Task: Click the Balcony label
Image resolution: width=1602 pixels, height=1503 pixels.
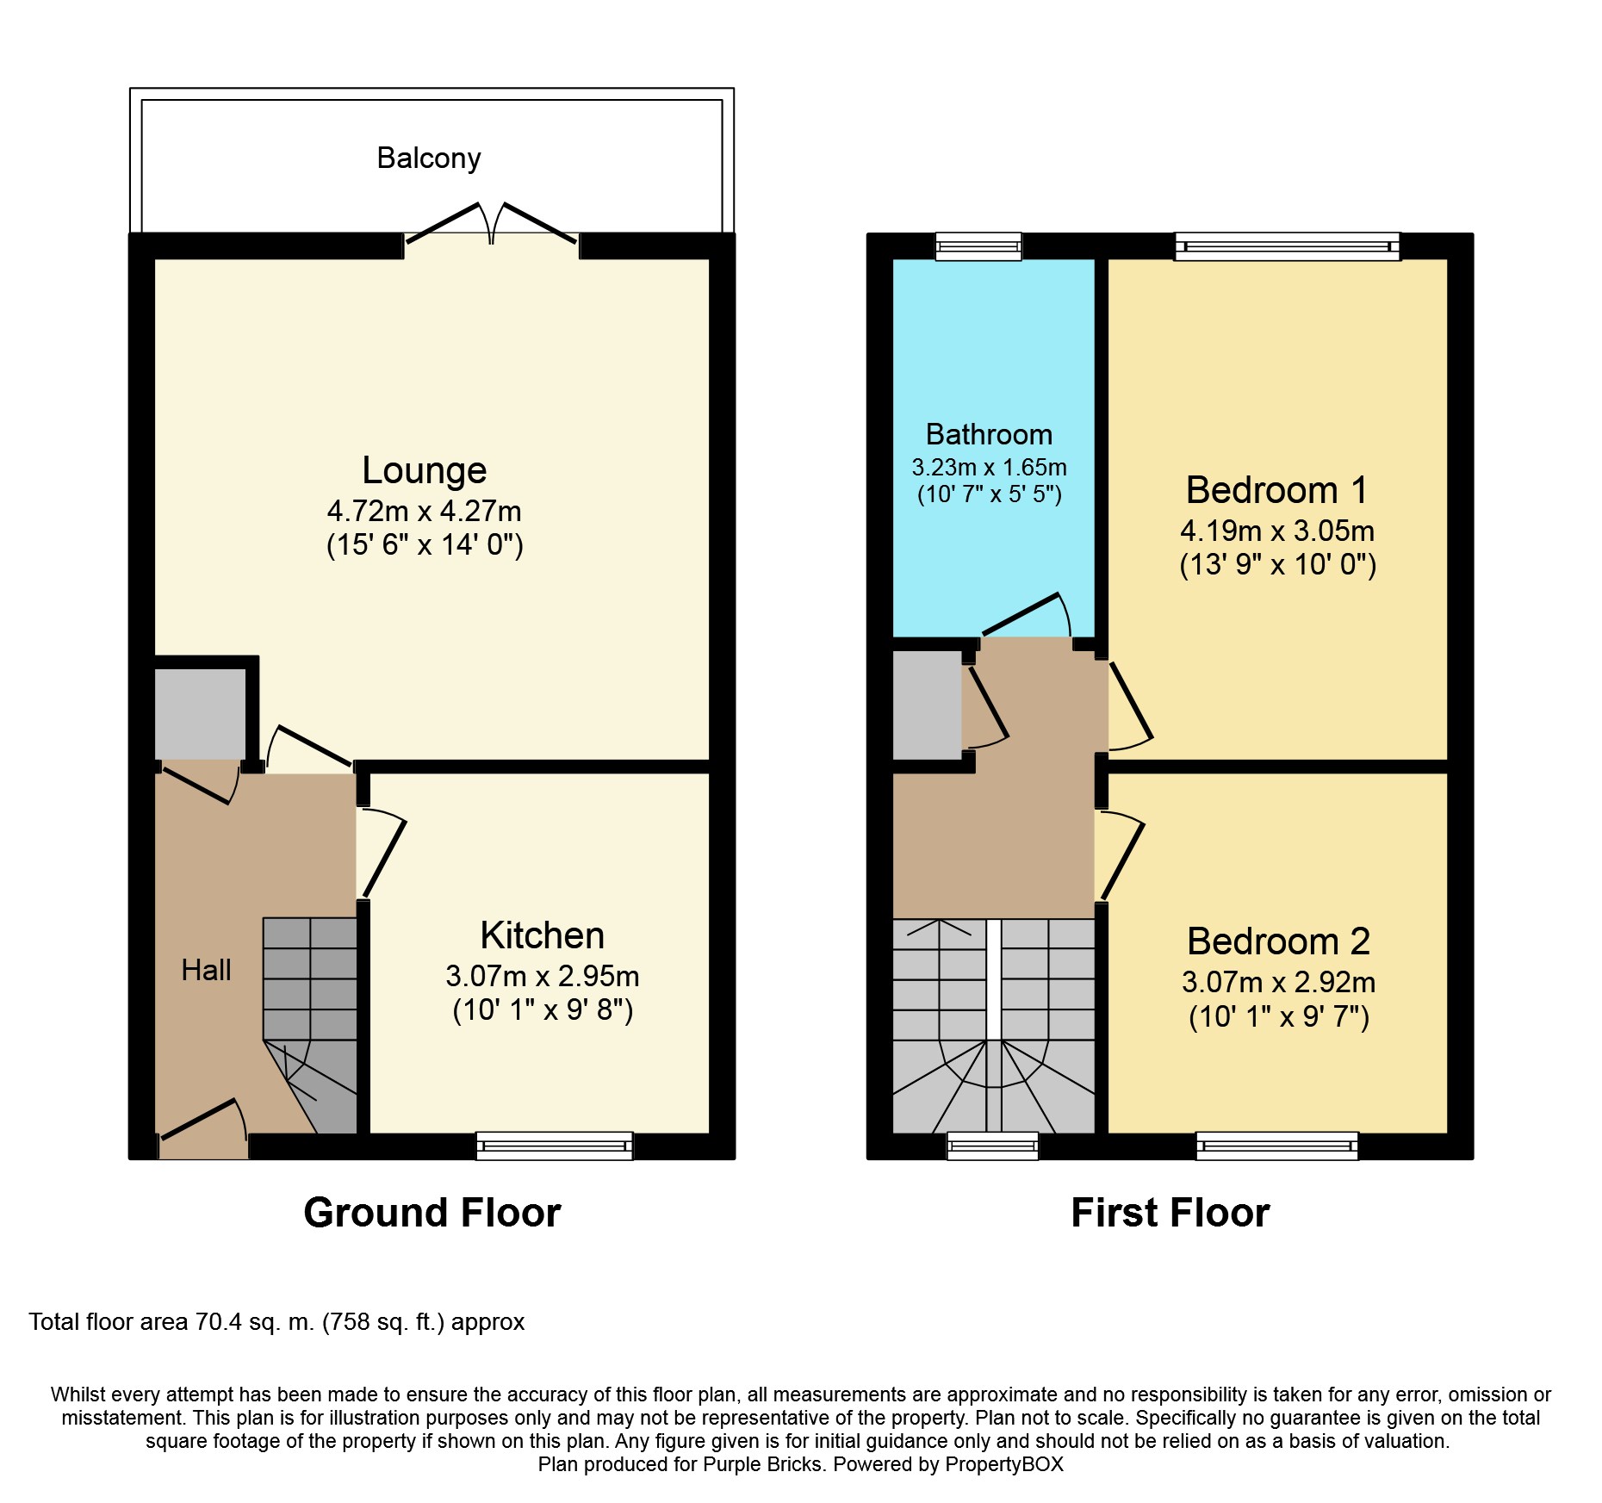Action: (428, 158)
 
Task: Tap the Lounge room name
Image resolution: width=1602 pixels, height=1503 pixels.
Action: (424, 470)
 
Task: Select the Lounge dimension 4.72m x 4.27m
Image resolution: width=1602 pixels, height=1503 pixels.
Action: (424, 512)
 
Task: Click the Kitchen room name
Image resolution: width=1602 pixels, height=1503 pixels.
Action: (542, 935)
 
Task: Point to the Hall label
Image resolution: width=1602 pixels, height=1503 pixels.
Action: (206, 971)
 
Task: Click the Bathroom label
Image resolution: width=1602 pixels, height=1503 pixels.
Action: (989, 434)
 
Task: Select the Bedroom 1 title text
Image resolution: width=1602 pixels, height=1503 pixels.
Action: (1276, 490)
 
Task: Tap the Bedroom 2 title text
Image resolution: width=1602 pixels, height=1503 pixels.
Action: (1278, 941)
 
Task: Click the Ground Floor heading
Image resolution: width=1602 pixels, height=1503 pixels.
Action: (432, 1213)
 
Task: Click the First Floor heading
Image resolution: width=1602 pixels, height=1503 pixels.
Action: (1170, 1213)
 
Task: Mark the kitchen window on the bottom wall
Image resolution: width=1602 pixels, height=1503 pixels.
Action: (555, 1146)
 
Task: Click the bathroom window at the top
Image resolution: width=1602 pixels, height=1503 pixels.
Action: (978, 246)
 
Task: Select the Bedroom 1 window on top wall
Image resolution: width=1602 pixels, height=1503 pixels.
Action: (1288, 246)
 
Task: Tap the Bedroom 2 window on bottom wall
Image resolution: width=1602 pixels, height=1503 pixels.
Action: (1276, 1146)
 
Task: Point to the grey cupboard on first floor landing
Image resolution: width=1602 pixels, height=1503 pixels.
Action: (927, 705)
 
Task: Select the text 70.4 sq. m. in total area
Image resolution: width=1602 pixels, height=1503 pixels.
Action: (254, 1322)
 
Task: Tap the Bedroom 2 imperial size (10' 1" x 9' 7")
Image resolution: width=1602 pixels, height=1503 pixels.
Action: (1278, 1017)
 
